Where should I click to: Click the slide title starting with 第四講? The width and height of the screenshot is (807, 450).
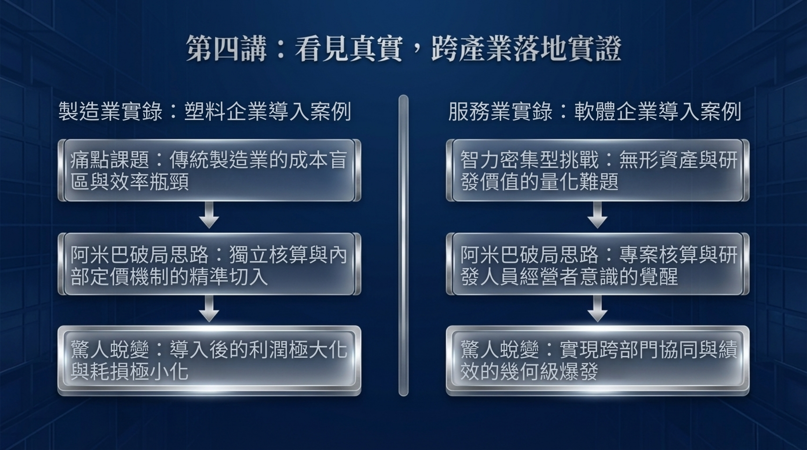pyautogui.click(x=403, y=48)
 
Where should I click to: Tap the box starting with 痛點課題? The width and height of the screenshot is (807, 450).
pyautogui.click(x=209, y=171)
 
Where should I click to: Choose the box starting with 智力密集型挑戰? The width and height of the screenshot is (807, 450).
pyautogui.click(x=598, y=171)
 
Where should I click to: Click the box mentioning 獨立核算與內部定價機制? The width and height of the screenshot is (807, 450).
pyautogui.click(x=209, y=265)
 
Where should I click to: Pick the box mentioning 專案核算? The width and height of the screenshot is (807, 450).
pyautogui.click(x=598, y=265)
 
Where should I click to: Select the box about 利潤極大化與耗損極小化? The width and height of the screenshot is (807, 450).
pyautogui.click(x=209, y=360)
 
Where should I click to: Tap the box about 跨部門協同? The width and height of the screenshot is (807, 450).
pyautogui.click(x=598, y=360)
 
